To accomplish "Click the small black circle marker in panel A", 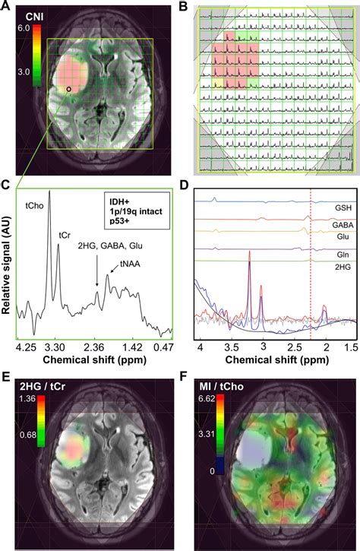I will [69, 89].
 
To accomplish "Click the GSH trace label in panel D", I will [339, 205].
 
